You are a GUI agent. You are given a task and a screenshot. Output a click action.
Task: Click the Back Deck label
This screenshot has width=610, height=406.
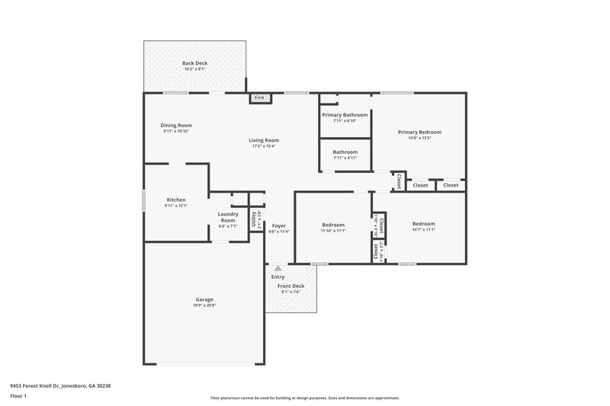194,63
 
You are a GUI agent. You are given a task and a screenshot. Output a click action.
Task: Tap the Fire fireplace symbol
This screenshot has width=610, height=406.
258,98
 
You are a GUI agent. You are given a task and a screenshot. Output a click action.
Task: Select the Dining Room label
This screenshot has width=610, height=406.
175,126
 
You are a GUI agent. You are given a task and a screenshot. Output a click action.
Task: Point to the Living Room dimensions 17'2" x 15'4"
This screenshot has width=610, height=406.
264,146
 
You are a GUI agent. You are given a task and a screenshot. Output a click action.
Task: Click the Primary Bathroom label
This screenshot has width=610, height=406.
345,114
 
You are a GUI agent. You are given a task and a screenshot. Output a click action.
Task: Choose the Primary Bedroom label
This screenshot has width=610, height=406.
419,132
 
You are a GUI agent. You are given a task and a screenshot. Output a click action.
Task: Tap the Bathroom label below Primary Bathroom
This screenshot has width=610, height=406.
345,152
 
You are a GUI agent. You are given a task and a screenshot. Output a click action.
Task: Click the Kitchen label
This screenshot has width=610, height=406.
176,200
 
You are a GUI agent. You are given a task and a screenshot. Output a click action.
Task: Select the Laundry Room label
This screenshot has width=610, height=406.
228,216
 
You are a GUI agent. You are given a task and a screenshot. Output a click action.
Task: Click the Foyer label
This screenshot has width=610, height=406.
279,225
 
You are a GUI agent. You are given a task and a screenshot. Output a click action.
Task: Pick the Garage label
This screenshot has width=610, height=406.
204,299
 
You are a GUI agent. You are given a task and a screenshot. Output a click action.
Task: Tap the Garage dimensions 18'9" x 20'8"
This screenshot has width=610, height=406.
204,305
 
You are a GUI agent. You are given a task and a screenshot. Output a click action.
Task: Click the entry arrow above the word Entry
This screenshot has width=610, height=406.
278,268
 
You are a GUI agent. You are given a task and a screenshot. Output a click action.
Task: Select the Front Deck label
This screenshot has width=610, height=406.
290,286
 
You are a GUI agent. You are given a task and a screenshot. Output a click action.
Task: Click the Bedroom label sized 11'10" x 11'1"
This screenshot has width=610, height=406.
333,225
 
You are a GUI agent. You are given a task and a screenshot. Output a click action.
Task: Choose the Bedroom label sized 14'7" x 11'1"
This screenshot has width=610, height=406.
423,224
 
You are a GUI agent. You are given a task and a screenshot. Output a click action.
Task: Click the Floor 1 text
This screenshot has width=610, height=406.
19,397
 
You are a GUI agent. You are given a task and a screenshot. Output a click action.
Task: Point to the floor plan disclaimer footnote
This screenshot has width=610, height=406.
304,398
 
